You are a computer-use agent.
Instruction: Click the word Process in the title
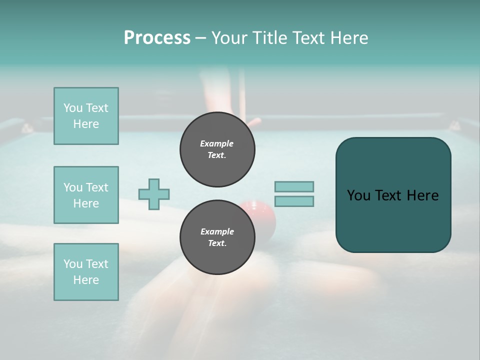point(157,38)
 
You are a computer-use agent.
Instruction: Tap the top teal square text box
point(86,116)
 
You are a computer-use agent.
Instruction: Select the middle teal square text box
point(86,195)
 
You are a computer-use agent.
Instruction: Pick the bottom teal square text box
point(86,272)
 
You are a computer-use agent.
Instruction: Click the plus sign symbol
point(154,194)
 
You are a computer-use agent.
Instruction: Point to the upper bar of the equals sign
point(294,186)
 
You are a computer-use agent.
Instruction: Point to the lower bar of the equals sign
point(294,201)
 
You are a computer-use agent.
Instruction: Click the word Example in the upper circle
point(217,143)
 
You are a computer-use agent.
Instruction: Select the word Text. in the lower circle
point(217,243)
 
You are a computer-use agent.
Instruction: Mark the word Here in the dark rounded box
point(422,195)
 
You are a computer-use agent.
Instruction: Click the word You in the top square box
point(73,108)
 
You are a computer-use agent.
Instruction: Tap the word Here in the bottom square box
point(86,280)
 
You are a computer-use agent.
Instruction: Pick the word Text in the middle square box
point(96,187)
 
